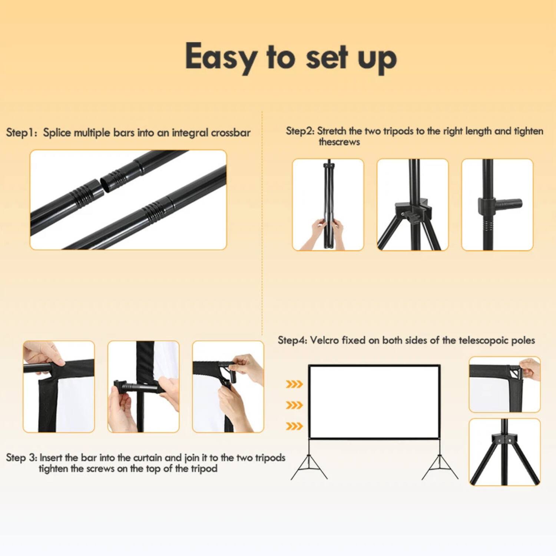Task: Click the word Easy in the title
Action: tap(220, 57)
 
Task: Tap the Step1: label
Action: tap(21, 133)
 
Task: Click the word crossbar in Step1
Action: tap(231, 133)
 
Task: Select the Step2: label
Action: tap(300, 131)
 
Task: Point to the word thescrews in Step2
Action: tap(339, 142)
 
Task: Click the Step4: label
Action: tap(292, 340)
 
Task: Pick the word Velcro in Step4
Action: tap(324, 340)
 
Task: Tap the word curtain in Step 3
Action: tap(148, 457)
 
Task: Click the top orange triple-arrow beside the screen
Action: tap(294, 384)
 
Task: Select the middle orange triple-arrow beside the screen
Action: tap(294, 405)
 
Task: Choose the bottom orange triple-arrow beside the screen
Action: tap(294, 426)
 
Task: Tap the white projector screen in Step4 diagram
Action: tap(374, 402)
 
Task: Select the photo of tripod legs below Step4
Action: tap(504, 452)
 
